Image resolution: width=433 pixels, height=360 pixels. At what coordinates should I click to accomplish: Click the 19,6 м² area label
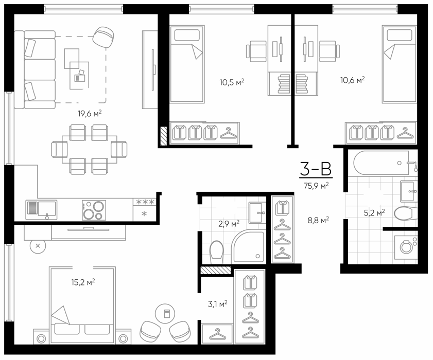[x=90, y=113]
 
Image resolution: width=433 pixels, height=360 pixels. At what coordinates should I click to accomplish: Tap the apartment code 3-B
[x=316, y=169]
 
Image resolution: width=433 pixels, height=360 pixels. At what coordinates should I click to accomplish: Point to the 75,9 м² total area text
[x=316, y=186]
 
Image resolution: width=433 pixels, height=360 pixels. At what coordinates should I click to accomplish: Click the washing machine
[x=406, y=247]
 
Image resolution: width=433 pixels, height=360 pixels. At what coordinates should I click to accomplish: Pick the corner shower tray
[x=248, y=246]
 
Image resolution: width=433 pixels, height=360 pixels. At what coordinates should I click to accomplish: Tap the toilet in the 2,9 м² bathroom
[x=216, y=253]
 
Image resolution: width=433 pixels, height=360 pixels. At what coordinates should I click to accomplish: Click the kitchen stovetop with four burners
[x=94, y=210]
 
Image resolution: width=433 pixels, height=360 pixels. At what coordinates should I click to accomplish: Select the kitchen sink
[x=41, y=210]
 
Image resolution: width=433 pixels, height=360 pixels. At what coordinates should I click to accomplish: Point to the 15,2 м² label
[x=83, y=282]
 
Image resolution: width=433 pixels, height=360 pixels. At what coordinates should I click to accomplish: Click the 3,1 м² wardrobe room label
[x=218, y=304]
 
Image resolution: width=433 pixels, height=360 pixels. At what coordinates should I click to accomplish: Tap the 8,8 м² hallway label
[x=318, y=220]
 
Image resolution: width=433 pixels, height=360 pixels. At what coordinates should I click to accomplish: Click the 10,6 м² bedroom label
[x=352, y=80]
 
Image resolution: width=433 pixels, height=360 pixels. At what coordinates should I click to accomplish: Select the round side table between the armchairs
[x=165, y=314]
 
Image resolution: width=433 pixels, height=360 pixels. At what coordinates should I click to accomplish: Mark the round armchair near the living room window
[x=103, y=37]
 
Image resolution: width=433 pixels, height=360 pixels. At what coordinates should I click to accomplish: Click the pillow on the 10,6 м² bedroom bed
[x=400, y=35]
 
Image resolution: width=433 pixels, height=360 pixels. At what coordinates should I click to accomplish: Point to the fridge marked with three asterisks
[x=144, y=210]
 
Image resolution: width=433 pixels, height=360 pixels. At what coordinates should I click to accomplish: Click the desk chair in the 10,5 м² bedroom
[x=256, y=51]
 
